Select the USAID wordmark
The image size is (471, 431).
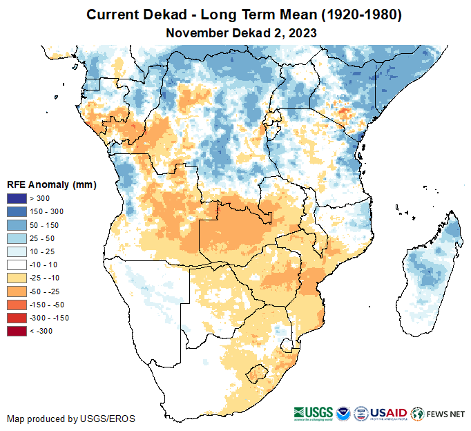pyautogui.click(x=389, y=413)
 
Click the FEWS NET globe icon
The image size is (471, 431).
pyautogui.click(x=416, y=414)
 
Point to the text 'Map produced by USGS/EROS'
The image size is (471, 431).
pyautogui.click(x=71, y=419)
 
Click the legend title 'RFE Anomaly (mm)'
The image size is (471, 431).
pyautogui.click(x=51, y=184)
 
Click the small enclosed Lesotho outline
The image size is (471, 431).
pyautogui.click(x=258, y=373)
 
